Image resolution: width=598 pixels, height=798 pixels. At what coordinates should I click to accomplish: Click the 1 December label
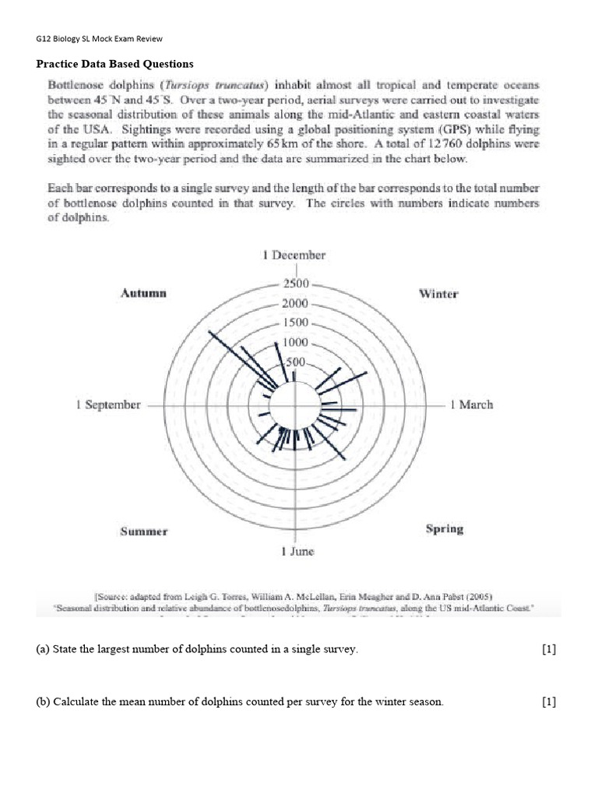pos(294,255)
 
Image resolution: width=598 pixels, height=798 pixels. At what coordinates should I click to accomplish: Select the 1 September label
pos(108,404)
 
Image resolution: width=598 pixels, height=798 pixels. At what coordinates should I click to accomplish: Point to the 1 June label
pos(297,551)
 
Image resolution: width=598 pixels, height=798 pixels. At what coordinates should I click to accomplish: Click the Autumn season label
pos(143,293)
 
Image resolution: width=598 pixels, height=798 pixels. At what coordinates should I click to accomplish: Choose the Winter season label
pos(438,294)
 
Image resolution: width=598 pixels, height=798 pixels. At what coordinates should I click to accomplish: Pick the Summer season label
pos(143,531)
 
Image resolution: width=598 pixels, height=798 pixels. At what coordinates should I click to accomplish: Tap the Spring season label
pos(445,529)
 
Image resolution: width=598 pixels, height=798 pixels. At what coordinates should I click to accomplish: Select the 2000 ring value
pos(294,304)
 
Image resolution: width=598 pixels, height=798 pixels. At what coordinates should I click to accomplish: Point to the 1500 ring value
pos(294,323)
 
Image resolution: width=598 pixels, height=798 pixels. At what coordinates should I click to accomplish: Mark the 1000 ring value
pos(294,342)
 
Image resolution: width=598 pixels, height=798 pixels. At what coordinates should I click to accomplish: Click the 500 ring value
pos(296,362)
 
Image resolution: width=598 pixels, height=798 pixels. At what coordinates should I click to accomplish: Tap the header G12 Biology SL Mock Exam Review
pos(100,38)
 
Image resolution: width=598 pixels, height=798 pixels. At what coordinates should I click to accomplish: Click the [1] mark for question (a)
pos(549,650)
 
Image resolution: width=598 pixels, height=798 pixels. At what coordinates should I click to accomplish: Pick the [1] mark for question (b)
pos(549,702)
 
